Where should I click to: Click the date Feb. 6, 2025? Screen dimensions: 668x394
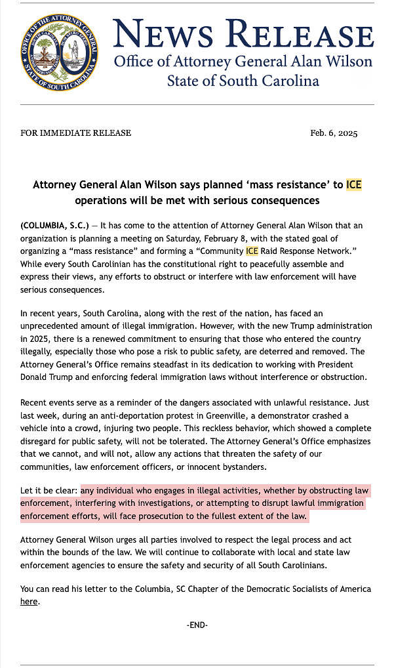(x=334, y=133)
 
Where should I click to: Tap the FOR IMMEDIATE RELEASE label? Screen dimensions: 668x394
(x=76, y=133)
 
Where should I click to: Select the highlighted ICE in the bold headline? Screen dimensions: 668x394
(x=353, y=184)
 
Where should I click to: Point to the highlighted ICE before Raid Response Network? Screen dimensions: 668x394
(x=252, y=251)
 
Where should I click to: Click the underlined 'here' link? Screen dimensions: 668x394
(x=29, y=601)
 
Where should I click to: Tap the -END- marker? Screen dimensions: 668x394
(x=197, y=625)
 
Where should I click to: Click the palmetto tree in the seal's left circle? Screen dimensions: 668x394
(x=45, y=51)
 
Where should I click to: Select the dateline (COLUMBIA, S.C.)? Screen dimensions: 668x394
(x=54, y=226)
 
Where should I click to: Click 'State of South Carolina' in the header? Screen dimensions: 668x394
(x=243, y=81)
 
